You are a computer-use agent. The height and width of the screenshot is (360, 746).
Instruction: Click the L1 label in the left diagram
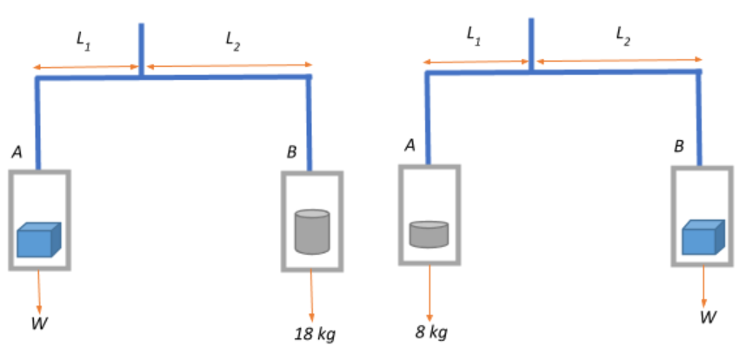[83, 39]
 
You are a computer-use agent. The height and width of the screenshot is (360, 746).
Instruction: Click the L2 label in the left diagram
[231, 39]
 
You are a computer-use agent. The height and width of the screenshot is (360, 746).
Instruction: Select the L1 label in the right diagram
[474, 36]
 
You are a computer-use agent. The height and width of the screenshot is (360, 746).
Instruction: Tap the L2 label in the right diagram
[623, 35]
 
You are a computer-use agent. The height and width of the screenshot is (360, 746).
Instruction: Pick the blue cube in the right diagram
[703, 237]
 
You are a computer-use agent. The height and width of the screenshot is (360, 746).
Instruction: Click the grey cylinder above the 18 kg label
[312, 230]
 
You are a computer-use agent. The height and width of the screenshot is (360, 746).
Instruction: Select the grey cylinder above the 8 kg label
[429, 234]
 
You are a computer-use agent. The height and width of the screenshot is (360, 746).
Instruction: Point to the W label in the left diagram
[39, 324]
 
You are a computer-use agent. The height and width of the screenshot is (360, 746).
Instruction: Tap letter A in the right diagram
[409, 146]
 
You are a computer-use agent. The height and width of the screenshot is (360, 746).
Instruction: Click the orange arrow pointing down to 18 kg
[312, 295]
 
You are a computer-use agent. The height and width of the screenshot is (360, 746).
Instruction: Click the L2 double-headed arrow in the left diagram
[229, 65]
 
